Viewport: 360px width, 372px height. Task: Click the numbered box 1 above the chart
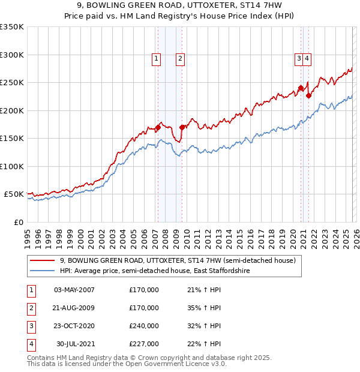click(156, 59)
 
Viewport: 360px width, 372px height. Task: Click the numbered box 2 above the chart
click(180, 59)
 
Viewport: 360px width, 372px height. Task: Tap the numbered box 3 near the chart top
click(298, 59)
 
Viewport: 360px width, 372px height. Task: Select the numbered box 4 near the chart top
click(307, 59)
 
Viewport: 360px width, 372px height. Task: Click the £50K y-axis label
click(14, 194)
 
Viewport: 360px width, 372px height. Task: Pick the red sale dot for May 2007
click(158, 127)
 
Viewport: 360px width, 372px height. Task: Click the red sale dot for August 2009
click(182, 127)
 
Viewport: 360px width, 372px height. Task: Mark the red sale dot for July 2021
click(308, 95)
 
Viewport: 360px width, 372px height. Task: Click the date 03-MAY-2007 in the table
click(74, 290)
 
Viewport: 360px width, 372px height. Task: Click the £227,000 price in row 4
click(144, 344)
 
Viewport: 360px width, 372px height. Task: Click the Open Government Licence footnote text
click(127, 364)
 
